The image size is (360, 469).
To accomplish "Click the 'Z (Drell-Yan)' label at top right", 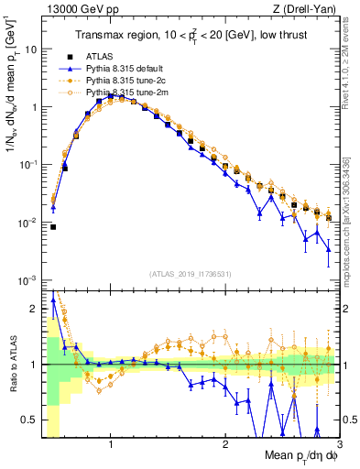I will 309,10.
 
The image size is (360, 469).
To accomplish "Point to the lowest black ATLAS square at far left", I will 53,227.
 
